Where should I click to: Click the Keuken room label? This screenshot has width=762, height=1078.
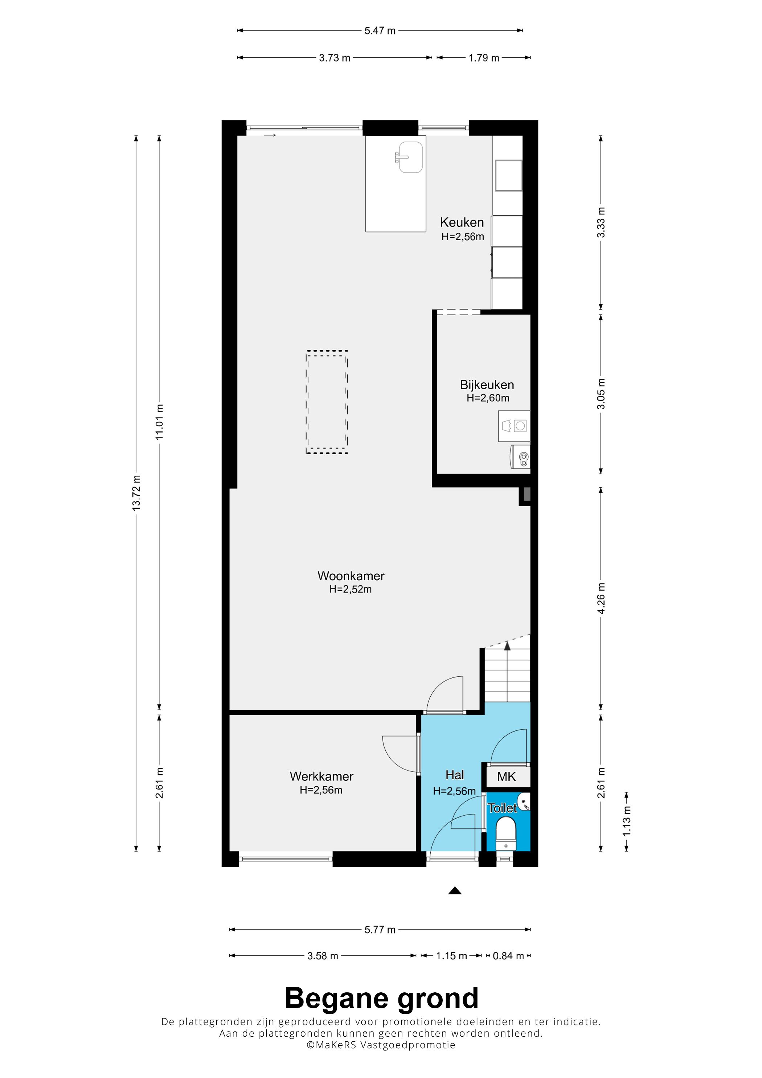[462, 222]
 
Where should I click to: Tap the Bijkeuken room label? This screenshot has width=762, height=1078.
[487, 385]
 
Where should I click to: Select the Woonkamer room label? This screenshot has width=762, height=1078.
[351, 576]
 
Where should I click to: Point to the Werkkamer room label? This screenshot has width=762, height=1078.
[321, 776]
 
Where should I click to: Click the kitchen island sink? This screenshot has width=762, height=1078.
[410, 157]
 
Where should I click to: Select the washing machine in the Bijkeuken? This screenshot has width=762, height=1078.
[514, 426]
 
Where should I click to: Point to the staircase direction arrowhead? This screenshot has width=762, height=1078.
[507, 646]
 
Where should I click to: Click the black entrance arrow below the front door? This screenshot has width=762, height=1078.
[454, 891]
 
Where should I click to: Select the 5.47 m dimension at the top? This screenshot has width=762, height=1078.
[380, 30]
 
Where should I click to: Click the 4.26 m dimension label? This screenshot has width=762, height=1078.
[601, 598]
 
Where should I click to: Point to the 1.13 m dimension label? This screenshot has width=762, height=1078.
[626, 821]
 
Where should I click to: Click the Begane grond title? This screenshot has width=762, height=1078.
[381, 998]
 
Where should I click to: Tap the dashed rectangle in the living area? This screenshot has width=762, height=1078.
[327, 402]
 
